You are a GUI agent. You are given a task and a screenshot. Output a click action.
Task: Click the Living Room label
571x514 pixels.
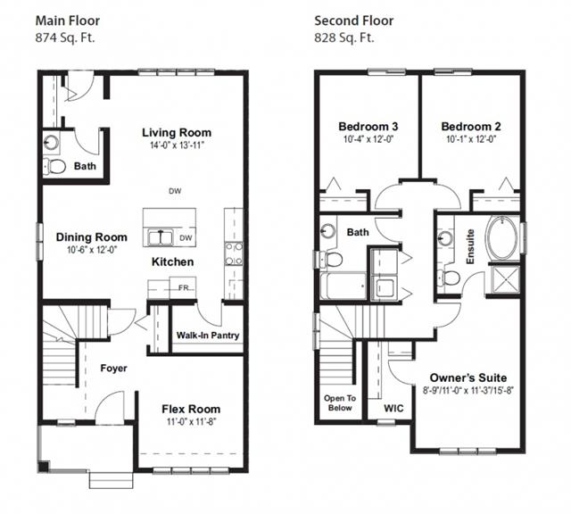point(177,133)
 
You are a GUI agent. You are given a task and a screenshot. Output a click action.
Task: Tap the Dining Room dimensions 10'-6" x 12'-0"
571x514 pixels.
point(92,250)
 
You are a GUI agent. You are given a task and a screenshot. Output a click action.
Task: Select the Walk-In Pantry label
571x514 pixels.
point(208,336)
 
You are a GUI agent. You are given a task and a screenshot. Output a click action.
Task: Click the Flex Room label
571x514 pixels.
point(191,409)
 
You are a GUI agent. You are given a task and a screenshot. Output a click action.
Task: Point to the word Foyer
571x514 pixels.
point(113,369)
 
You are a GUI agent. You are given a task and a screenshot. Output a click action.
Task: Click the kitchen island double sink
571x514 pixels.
point(161,238)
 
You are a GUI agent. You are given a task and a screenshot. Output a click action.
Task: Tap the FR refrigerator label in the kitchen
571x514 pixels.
point(184,287)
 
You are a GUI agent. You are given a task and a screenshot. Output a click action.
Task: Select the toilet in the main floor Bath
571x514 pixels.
point(54,167)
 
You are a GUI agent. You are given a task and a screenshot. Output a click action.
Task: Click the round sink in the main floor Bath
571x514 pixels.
point(52,142)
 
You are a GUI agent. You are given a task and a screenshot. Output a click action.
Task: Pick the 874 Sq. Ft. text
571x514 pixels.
point(65,37)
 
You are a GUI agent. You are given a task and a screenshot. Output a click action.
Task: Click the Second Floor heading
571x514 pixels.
point(353,21)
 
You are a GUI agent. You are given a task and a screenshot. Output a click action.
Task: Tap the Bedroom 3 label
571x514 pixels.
point(368,127)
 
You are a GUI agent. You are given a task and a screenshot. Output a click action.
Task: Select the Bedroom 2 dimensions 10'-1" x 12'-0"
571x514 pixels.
point(471,139)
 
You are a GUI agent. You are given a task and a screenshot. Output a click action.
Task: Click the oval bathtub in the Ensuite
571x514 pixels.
point(502,238)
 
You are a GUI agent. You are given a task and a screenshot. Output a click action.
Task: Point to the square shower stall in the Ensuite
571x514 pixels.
point(505,280)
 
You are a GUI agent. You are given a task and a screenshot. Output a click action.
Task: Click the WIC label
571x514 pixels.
point(393,408)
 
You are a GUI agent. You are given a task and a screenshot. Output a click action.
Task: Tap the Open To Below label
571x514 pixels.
point(340,402)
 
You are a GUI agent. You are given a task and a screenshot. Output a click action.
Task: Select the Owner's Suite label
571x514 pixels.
point(468,377)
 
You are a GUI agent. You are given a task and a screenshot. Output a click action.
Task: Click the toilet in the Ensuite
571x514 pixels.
point(449,278)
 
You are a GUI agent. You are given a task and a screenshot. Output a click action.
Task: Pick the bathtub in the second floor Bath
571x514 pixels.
point(343,286)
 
